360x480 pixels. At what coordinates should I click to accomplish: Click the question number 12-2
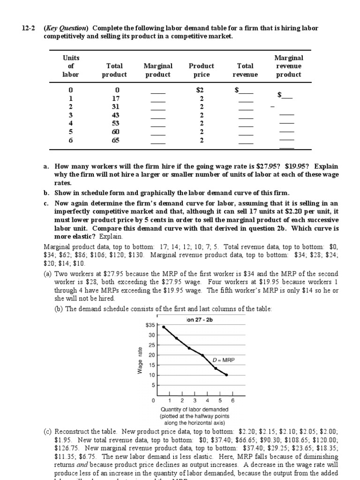click(x=29, y=28)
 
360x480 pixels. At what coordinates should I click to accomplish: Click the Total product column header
click(x=114, y=70)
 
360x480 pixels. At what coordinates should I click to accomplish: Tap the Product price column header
click(x=201, y=70)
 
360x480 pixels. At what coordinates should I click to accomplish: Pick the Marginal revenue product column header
click(x=288, y=66)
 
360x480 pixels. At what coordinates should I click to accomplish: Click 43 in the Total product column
click(x=116, y=115)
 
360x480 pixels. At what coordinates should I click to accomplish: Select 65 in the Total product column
click(x=116, y=140)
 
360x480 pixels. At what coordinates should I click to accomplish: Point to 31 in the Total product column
click(x=116, y=106)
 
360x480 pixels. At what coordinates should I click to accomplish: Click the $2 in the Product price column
click(x=201, y=90)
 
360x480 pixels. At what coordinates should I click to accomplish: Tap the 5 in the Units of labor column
click(x=71, y=132)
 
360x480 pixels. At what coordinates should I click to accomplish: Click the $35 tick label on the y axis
click(x=150, y=324)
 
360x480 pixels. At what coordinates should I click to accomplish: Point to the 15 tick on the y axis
click(x=151, y=365)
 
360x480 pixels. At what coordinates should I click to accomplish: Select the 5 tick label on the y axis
click(x=152, y=385)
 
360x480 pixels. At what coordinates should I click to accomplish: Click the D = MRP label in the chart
click(x=224, y=360)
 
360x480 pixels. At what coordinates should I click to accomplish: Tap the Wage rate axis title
click(x=139, y=360)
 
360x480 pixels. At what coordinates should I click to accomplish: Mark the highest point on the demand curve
click(x=164, y=327)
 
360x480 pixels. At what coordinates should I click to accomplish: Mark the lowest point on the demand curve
click(x=227, y=375)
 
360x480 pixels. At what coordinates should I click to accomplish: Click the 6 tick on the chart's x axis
click(x=232, y=401)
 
